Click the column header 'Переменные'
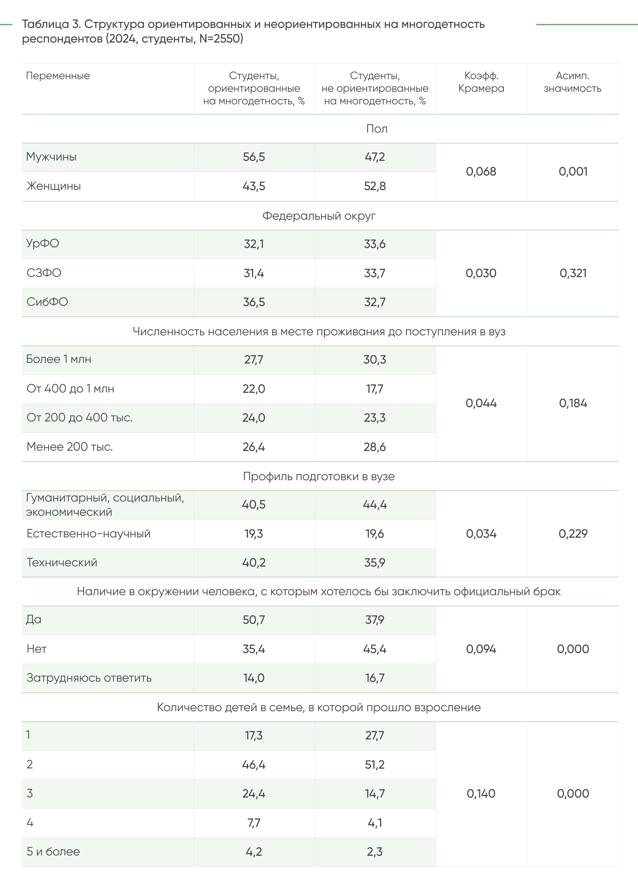point(58,76)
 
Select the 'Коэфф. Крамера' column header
point(481,82)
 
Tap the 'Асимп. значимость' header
point(572,82)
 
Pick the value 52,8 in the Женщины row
point(374,186)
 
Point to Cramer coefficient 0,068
point(481,171)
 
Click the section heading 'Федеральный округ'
point(319,216)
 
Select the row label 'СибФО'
point(47,302)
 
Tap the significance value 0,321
point(573,273)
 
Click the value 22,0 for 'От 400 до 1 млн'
point(254,388)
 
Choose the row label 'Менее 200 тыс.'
point(69,447)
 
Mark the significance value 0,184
point(573,403)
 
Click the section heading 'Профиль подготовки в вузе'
point(319,476)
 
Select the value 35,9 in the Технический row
point(374,562)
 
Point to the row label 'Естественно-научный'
point(88,534)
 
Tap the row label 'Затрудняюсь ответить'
point(89,678)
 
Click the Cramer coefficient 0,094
point(481,649)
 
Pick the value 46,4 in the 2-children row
point(254,765)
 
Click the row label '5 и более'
point(53,852)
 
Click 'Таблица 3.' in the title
point(51,24)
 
